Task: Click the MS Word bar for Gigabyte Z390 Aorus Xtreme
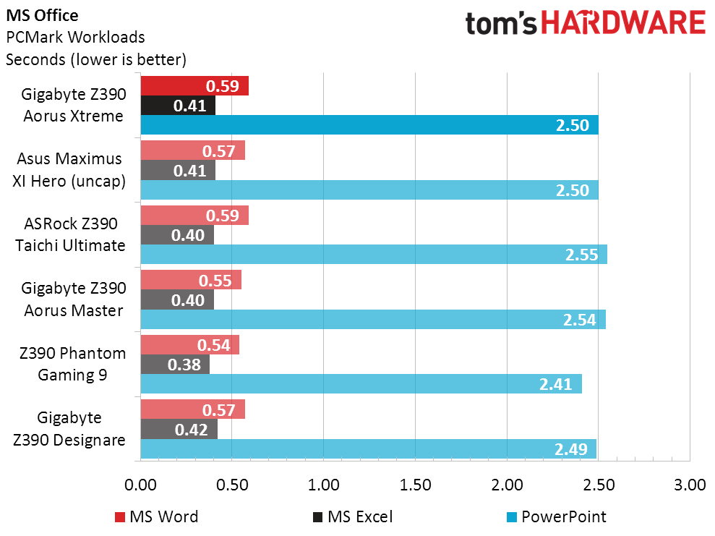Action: tap(194, 86)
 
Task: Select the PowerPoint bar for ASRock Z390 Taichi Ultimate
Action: tap(374, 255)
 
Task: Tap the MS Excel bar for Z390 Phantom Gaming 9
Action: tap(175, 365)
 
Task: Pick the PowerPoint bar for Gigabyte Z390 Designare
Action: tap(369, 448)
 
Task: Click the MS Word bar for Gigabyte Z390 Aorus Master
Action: tap(191, 280)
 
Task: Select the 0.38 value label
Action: tap(185, 365)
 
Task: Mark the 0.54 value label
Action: tap(215, 345)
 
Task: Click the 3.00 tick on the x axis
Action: tap(690, 485)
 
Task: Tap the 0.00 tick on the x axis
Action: tap(141, 485)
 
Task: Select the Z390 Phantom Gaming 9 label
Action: tap(72, 365)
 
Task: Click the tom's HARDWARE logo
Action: tap(585, 23)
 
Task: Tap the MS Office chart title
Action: tap(42, 14)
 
